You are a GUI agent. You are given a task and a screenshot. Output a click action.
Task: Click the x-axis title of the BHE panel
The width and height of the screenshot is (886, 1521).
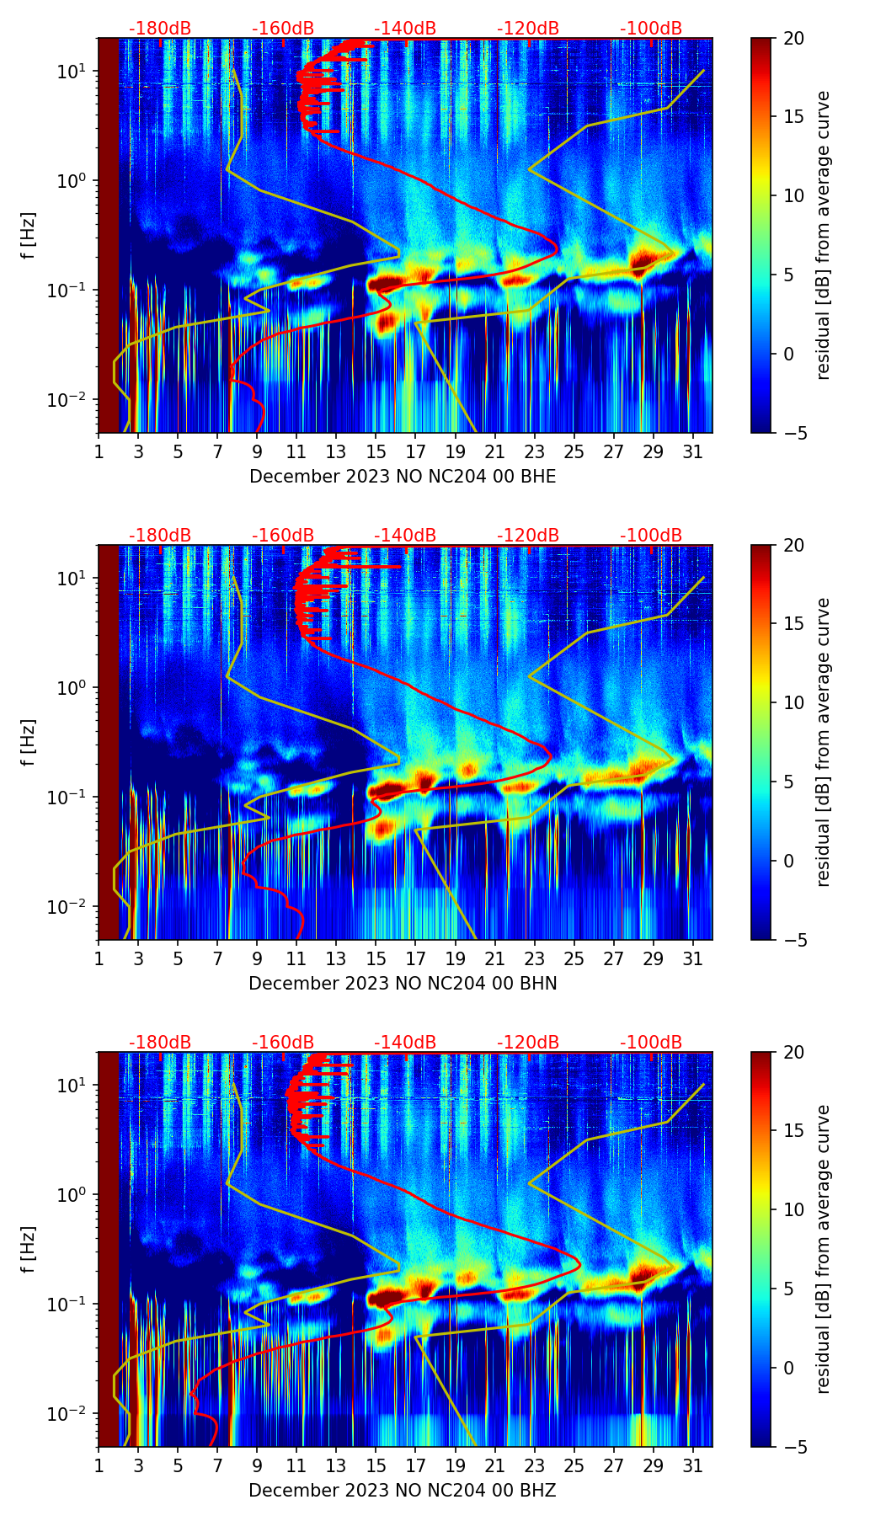(403, 477)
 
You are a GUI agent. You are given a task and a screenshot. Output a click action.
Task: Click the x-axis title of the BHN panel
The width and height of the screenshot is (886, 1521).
(403, 984)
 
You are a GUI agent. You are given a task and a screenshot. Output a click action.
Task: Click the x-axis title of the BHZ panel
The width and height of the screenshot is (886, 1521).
(403, 1491)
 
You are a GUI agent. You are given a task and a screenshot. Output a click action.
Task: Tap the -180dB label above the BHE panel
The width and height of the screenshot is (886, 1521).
(160, 29)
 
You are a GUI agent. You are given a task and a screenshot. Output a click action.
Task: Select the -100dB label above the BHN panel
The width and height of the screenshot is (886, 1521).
(651, 536)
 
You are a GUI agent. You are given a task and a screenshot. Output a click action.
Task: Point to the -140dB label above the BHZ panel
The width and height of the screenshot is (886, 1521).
(405, 1043)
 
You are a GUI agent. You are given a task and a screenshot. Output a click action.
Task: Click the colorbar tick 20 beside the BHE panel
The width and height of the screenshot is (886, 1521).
(793, 39)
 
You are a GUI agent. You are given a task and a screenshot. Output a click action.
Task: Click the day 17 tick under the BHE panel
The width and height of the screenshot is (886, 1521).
(416, 451)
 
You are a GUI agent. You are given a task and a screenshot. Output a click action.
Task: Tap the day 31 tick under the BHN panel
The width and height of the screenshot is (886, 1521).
(693, 958)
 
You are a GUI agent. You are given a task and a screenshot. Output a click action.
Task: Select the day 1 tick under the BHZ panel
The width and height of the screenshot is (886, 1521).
(99, 1465)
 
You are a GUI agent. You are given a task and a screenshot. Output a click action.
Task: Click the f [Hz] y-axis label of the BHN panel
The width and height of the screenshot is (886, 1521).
(29, 742)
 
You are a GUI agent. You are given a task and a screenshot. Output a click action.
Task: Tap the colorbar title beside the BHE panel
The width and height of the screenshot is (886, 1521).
(824, 235)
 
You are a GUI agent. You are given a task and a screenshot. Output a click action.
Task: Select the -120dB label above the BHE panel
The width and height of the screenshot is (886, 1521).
(528, 29)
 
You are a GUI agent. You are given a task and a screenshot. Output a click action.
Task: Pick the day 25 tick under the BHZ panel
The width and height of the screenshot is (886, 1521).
(574, 1465)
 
